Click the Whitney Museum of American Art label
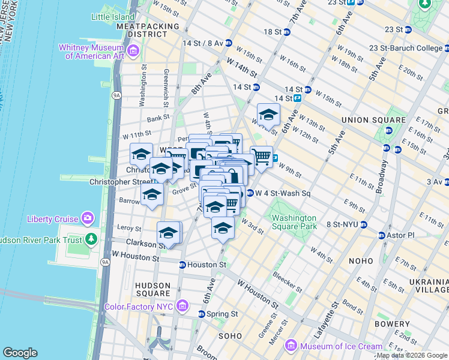(x=91, y=52)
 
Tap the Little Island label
(x=112, y=17)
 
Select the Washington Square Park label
(x=294, y=223)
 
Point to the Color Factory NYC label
(x=139, y=307)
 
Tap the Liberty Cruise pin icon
(x=88, y=218)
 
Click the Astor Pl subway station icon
(x=379, y=235)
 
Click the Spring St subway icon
(x=202, y=314)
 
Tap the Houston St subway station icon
(x=182, y=265)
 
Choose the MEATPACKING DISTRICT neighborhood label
(x=148, y=31)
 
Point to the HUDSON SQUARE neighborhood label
(x=152, y=289)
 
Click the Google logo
(x=20, y=353)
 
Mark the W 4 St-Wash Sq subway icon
(x=250, y=193)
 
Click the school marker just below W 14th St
(x=268, y=115)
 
